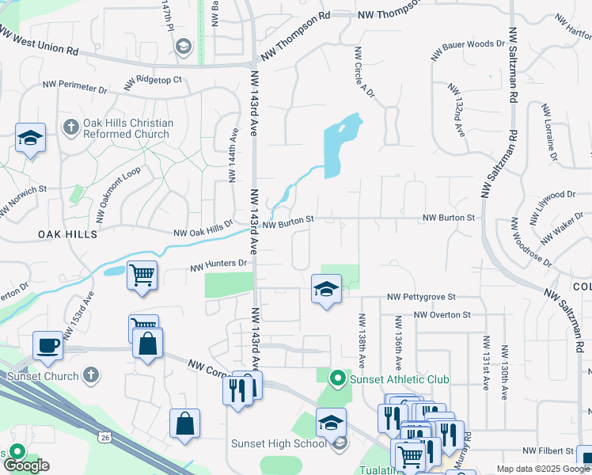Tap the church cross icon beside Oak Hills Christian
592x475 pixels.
(x=70, y=127)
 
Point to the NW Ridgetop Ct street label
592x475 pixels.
(x=153, y=81)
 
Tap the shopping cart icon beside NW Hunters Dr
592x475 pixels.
(x=142, y=275)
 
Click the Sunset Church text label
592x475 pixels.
(x=42, y=376)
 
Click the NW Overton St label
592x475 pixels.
(x=443, y=314)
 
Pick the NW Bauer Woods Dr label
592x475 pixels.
(x=468, y=50)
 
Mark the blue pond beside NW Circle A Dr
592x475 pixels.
(x=340, y=146)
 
